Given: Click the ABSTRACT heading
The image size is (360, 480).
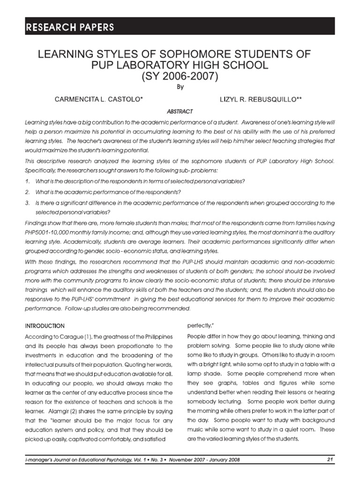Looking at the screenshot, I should (x=180, y=112).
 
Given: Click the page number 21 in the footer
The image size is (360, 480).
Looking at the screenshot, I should (x=330, y=460).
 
